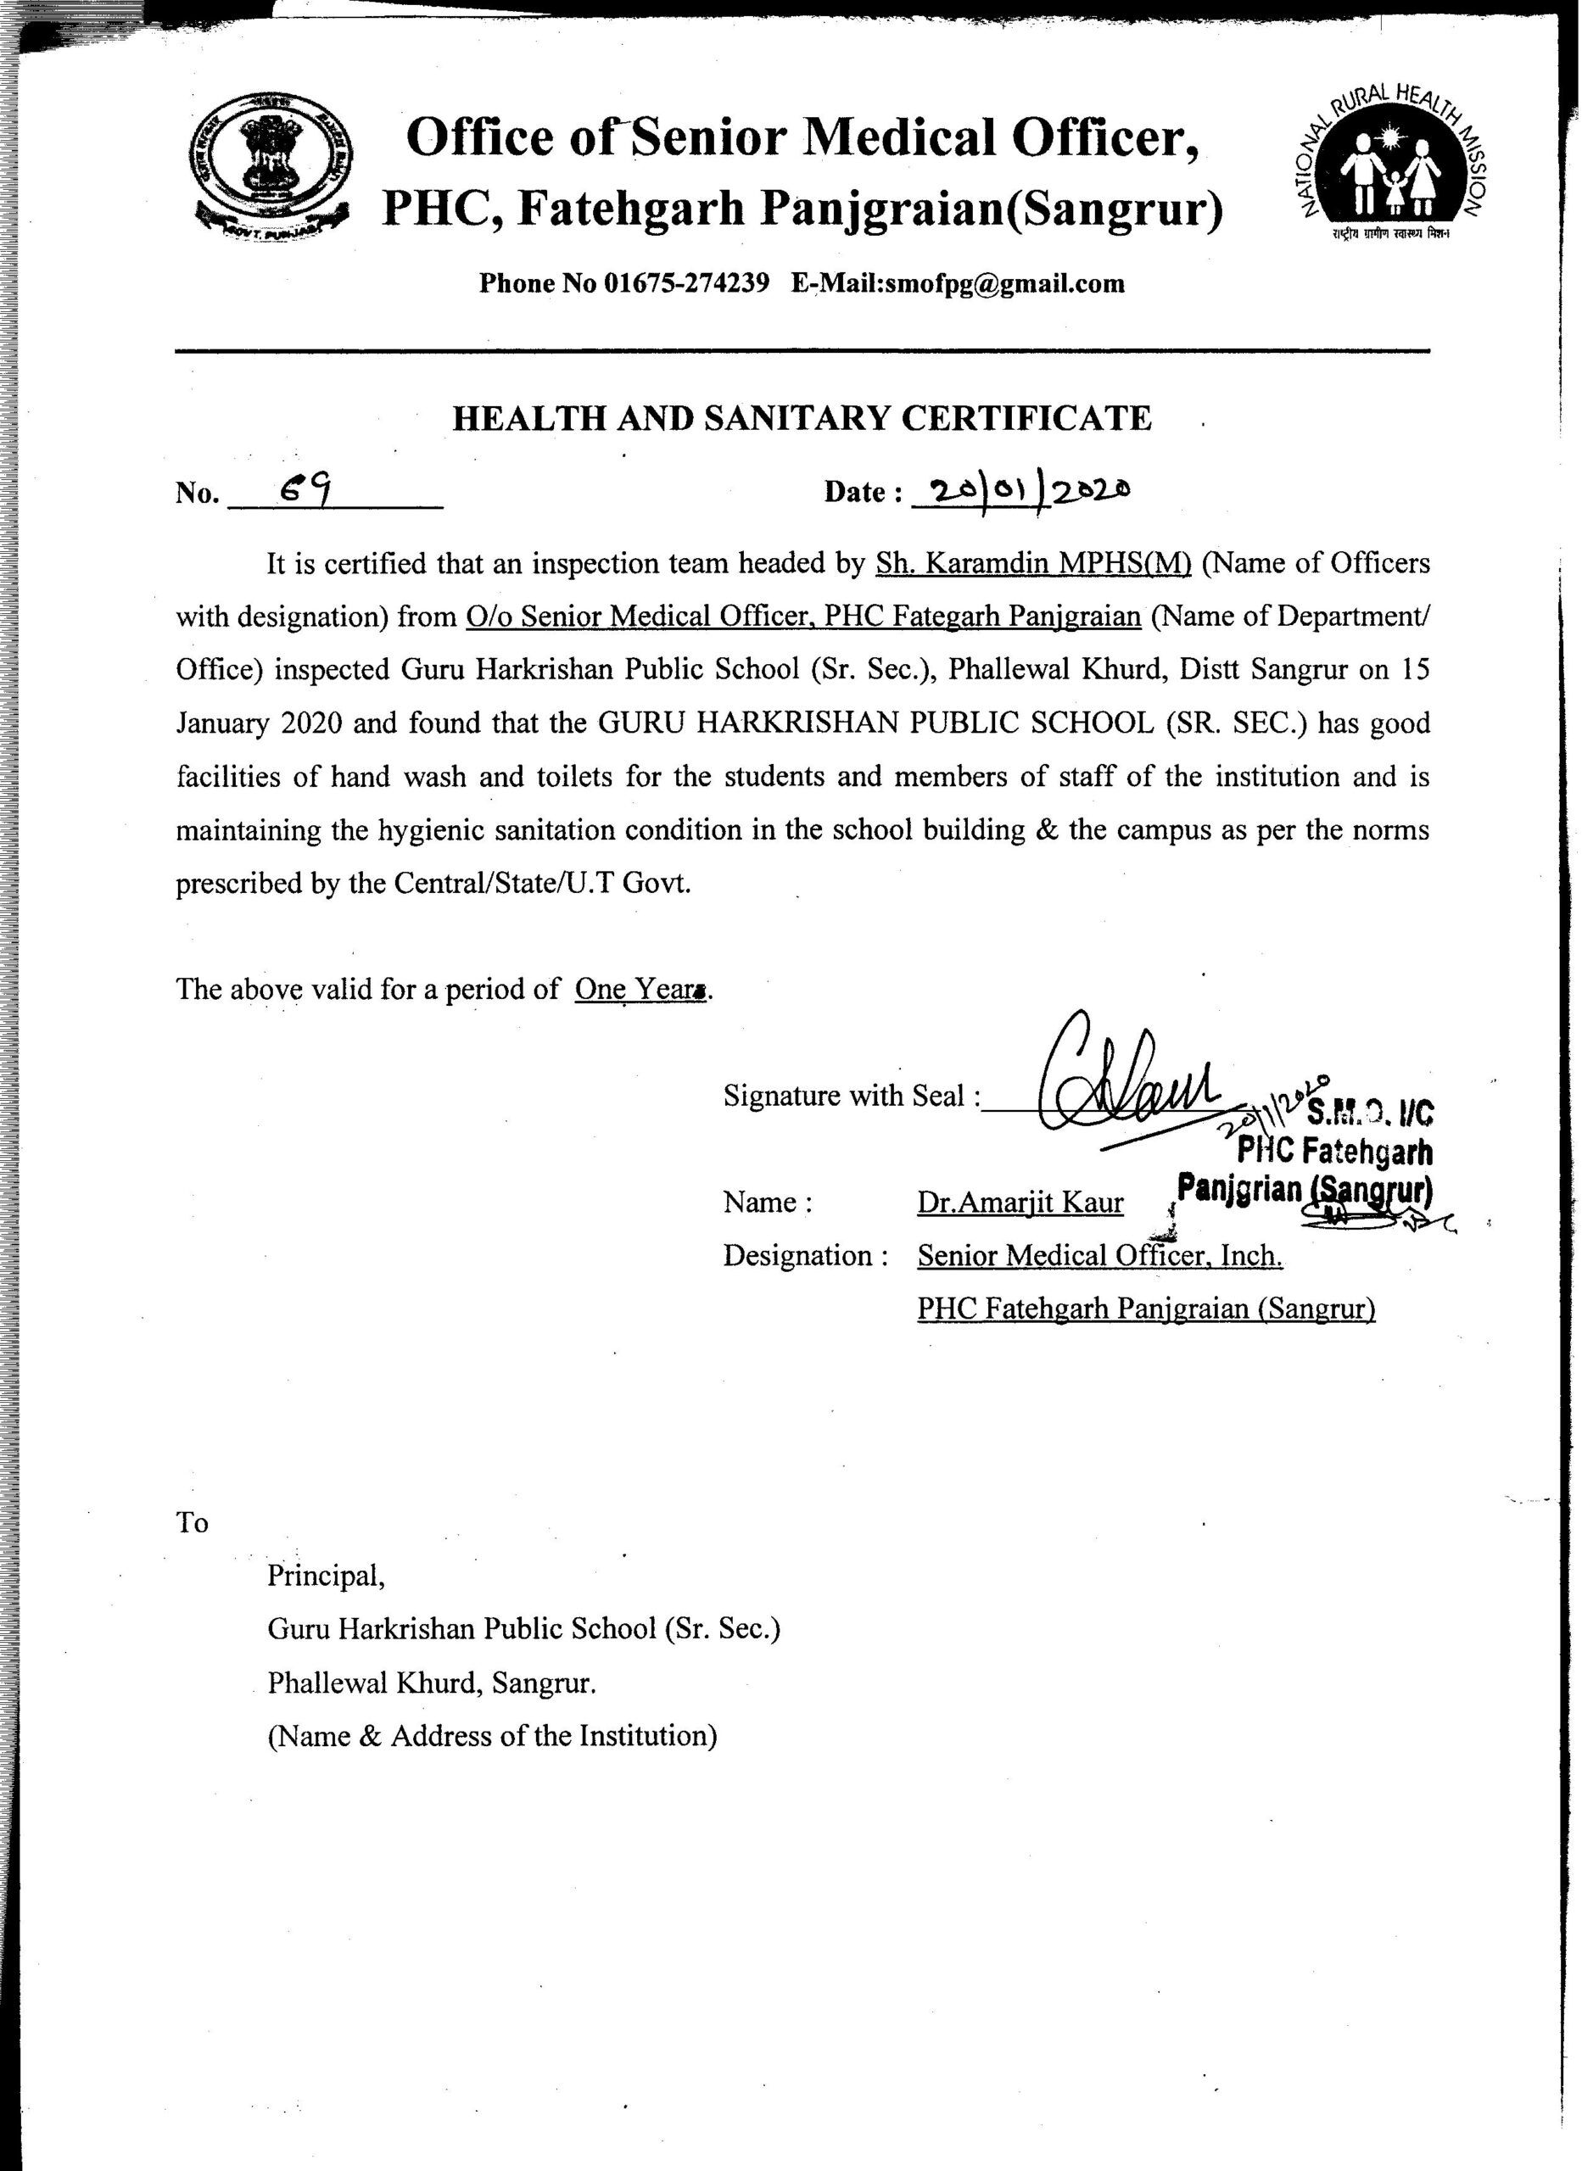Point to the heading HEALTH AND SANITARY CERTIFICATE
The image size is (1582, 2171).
pos(802,418)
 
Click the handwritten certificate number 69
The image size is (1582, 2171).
pos(305,490)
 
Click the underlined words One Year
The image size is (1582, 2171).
pos(639,988)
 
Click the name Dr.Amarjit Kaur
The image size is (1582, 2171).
pos(1020,1203)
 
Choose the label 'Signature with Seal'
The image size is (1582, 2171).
pos(852,1095)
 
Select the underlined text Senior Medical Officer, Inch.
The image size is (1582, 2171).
pos(1099,1255)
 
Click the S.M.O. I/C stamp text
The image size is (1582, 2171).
pos(1369,1113)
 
